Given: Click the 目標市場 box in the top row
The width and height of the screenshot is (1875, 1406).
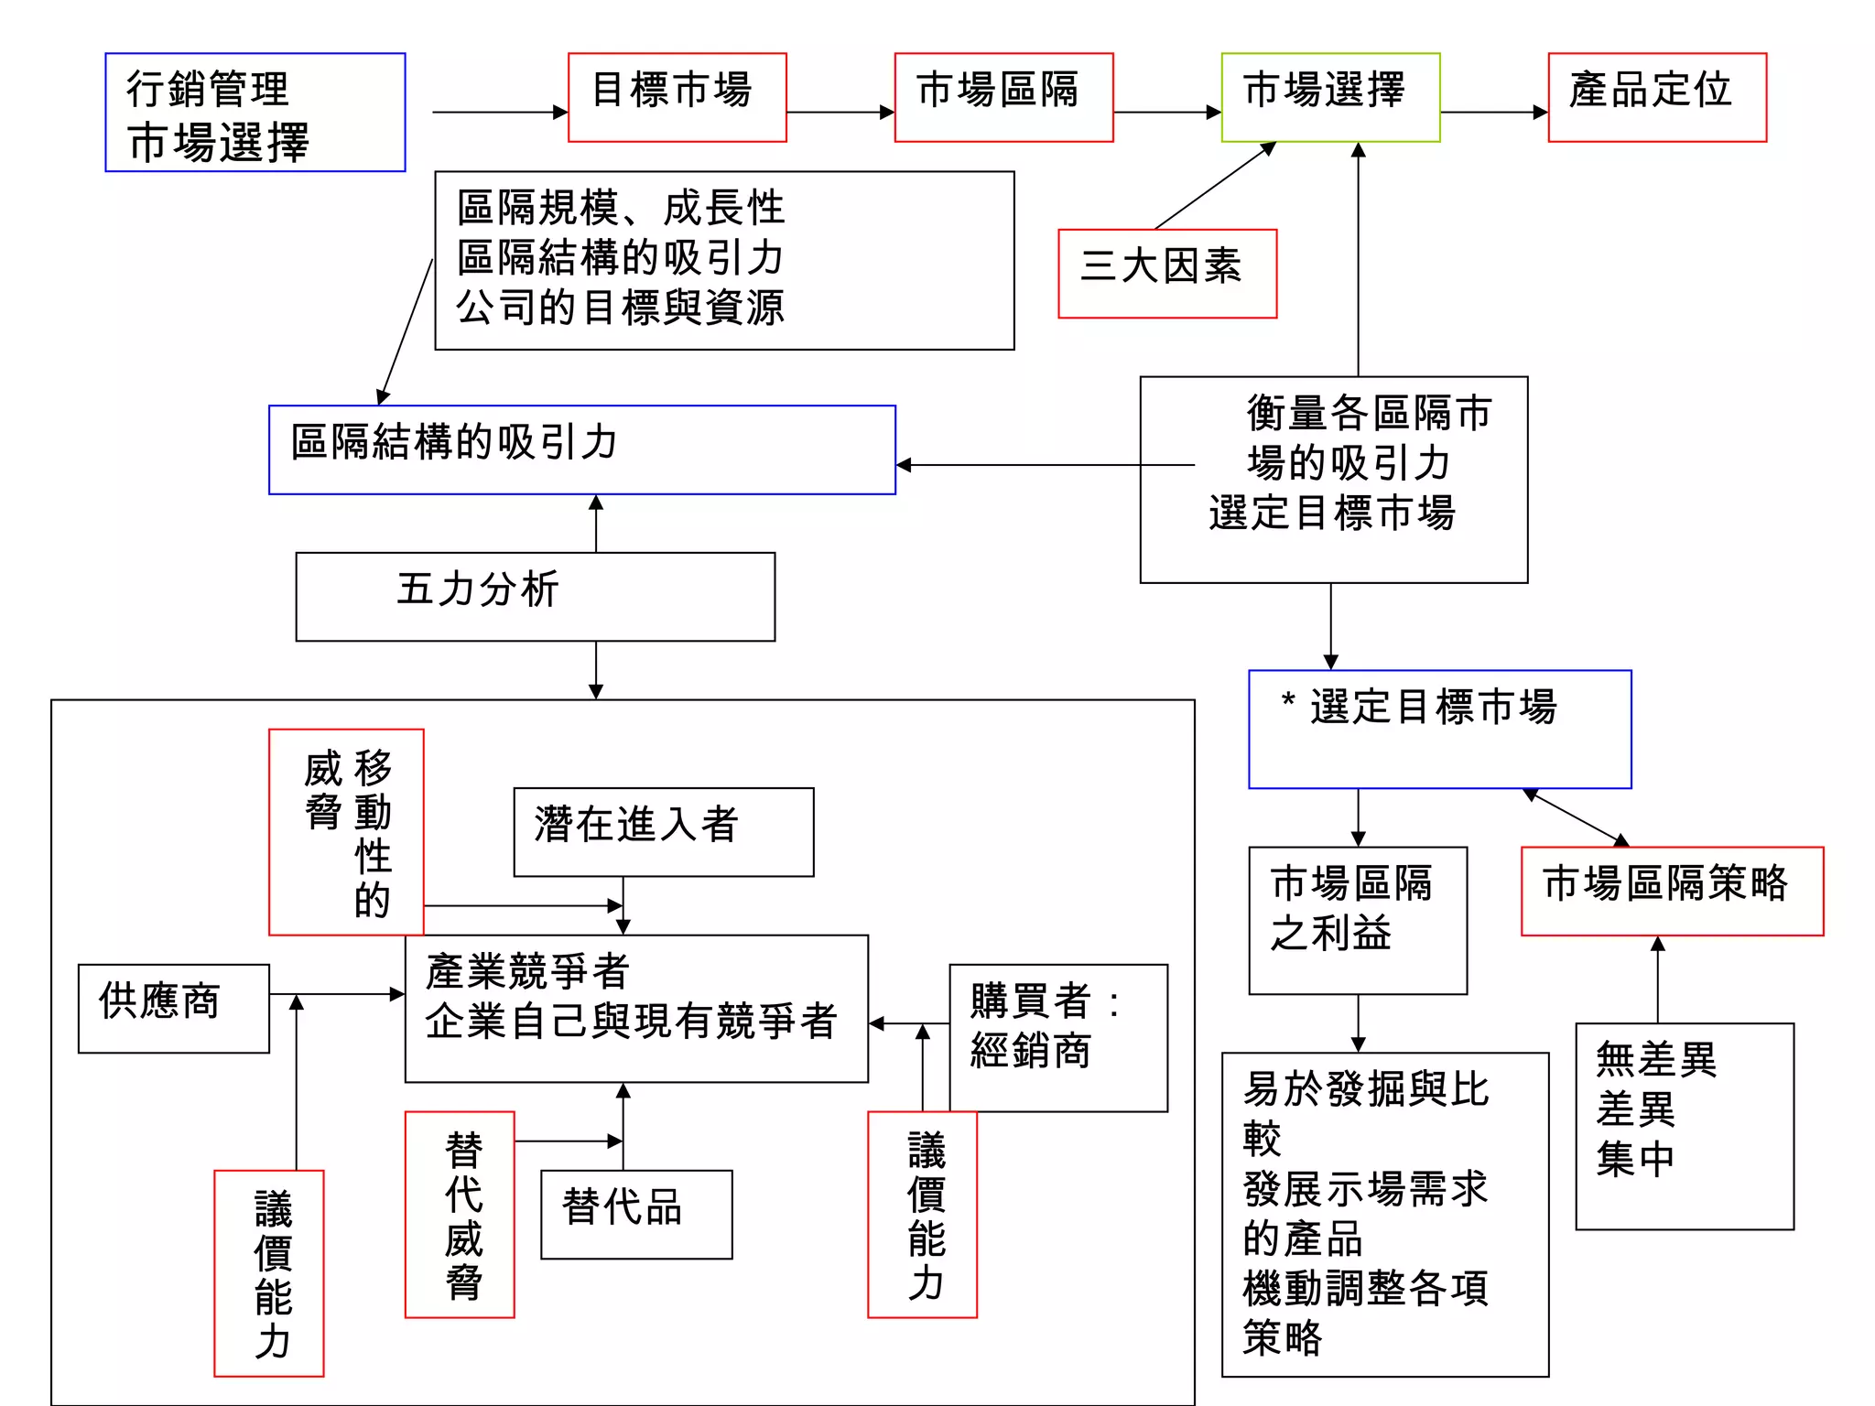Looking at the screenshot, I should click(x=677, y=97).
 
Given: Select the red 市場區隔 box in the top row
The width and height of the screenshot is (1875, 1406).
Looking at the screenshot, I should click(x=1003, y=97).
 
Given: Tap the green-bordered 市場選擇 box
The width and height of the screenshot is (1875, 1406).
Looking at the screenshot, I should click(x=1330, y=97).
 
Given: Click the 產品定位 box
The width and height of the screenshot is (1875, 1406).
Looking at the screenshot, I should click(x=1657, y=97).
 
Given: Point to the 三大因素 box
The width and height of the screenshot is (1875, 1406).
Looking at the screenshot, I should click(x=1167, y=273).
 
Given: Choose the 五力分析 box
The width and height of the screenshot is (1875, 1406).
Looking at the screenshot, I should click(x=535, y=596).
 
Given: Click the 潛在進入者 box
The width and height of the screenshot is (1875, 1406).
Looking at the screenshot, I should click(x=663, y=831).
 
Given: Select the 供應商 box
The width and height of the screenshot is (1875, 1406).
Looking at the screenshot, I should click(x=173, y=1008).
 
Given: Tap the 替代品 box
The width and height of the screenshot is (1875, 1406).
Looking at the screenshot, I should click(x=636, y=1214).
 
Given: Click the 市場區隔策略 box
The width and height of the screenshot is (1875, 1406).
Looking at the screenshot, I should click(x=1672, y=891).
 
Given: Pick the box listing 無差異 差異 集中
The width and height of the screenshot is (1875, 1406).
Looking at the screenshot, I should click(x=1684, y=1126).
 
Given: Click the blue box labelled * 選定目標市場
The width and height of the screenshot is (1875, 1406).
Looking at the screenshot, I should click(x=1439, y=729).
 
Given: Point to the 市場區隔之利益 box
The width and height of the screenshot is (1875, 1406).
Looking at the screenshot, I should click(x=1358, y=920).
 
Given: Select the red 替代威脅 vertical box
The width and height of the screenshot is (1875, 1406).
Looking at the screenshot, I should click(x=460, y=1214).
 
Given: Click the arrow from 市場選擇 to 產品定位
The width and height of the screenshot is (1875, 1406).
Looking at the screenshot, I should click(x=1493, y=113).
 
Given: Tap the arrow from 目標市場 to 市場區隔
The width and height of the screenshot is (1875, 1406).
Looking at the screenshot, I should click(x=840, y=113).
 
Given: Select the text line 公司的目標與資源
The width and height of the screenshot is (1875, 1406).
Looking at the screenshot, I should click(x=620, y=308).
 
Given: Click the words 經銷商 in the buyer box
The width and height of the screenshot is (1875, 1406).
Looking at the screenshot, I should click(x=1030, y=1051).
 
